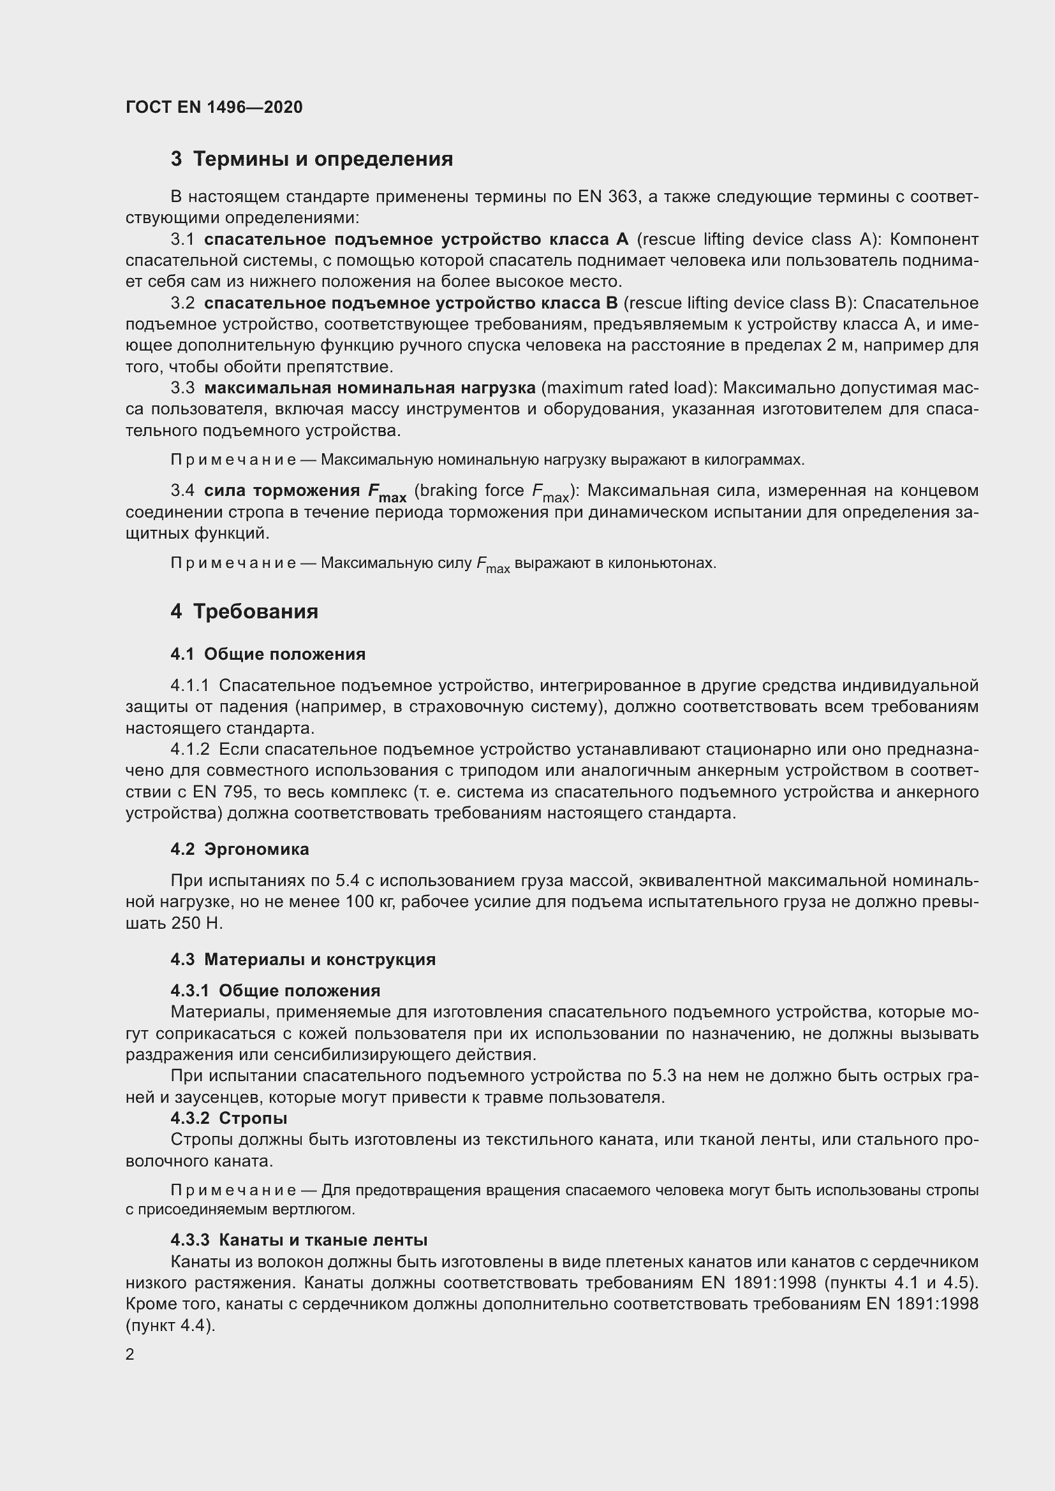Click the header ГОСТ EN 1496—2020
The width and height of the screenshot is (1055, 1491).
coord(214,107)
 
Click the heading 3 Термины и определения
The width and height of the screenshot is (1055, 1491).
coord(312,159)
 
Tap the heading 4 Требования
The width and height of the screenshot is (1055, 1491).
coord(244,611)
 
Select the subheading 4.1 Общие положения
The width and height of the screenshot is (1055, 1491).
coord(268,654)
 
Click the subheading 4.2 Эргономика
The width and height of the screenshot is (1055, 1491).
coord(240,848)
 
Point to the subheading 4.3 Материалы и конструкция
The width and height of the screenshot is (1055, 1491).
coord(303,959)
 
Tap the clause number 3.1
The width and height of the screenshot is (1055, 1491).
coord(182,240)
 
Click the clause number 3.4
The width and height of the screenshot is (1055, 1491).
coord(182,490)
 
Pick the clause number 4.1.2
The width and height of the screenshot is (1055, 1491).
coord(190,750)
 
